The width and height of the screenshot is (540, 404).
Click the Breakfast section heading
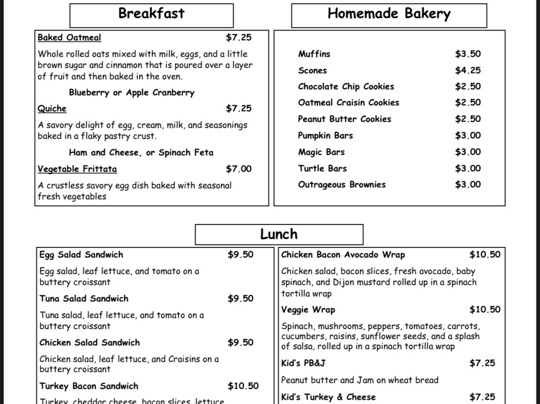pyautogui.click(x=151, y=13)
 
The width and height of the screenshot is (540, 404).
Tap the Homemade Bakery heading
pyautogui.click(x=388, y=14)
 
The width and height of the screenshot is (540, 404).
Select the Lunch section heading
pyautogui.click(x=278, y=234)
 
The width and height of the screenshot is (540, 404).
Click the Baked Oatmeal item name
pyautogui.click(x=69, y=37)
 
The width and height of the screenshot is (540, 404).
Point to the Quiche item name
pyautogui.click(x=52, y=108)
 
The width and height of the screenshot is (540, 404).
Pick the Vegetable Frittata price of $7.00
pyautogui.click(x=238, y=169)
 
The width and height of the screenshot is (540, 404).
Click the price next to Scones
pyautogui.click(x=467, y=70)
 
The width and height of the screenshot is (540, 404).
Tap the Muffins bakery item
pyautogui.click(x=314, y=54)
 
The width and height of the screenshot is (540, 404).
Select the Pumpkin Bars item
pyautogui.click(x=325, y=135)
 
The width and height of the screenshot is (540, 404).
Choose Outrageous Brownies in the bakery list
pyautogui.click(x=341, y=184)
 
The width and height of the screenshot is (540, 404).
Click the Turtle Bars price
pyautogui.click(x=467, y=168)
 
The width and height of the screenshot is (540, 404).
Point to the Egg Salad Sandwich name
pyautogui.click(x=81, y=254)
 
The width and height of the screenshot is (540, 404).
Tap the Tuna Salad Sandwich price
pyautogui.click(x=240, y=298)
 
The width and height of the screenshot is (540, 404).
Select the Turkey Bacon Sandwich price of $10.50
pyautogui.click(x=243, y=386)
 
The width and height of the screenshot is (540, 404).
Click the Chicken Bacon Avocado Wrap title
pyautogui.click(x=343, y=255)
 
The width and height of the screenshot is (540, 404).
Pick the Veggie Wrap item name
pyautogui.click(x=308, y=310)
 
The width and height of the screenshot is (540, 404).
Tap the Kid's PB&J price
pyautogui.click(x=482, y=363)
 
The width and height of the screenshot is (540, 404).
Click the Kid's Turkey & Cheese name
pyautogui.click(x=328, y=397)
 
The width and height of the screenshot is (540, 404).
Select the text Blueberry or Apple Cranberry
pyautogui.click(x=131, y=92)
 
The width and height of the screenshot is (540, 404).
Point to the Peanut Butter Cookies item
pyautogui.click(x=344, y=119)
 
